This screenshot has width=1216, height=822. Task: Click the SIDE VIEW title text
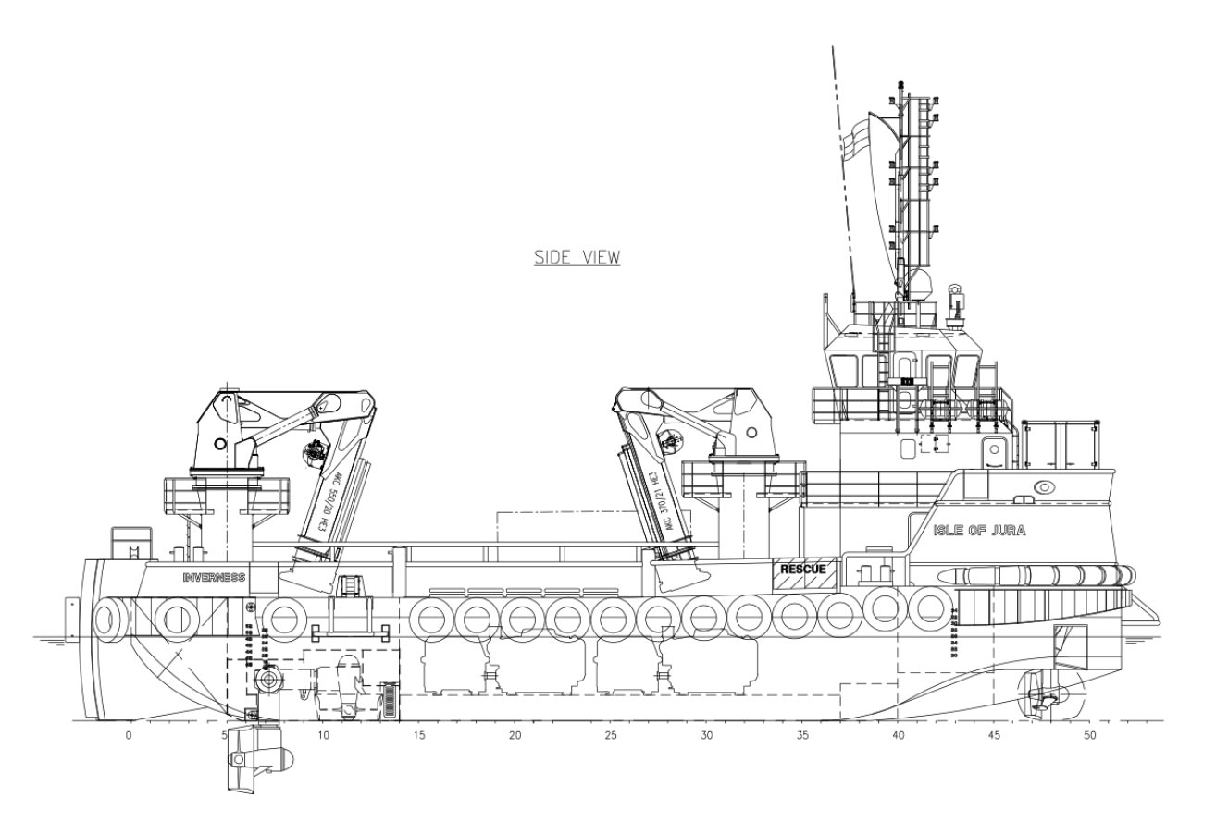pyautogui.click(x=577, y=257)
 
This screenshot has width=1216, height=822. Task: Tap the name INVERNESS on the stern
pyautogui.click(x=214, y=577)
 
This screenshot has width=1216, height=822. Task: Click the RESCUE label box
pyautogui.click(x=802, y=569)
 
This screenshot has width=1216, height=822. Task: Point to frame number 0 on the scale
pyautogui.click(x=129, y=736)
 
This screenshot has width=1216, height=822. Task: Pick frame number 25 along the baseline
pyautogui.click(x=610, y=736)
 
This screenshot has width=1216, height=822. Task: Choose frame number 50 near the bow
pyautogui.click(x=1090, y=736)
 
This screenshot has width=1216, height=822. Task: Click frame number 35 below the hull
pyautogui.click(x=802, y=736)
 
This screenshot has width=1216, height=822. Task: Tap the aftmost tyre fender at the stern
pyautogui.click(x=110, y=618)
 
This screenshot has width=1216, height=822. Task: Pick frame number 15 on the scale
pyautogui.click(x=419, y=736)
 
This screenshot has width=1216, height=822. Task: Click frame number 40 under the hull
pyautogui.click(x=898, y=736)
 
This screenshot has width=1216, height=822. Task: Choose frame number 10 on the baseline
pyautogui.click(x=322, y=736)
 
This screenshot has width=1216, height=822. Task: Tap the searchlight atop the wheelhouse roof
pyautogui.click(x=958, y=298)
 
